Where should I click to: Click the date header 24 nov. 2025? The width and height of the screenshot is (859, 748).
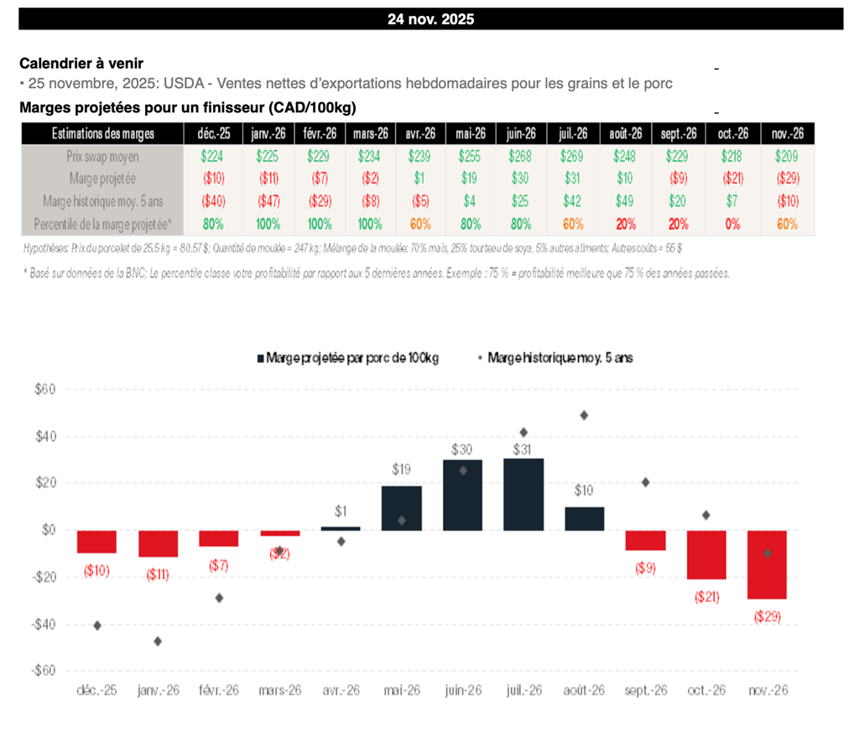coord(430,18)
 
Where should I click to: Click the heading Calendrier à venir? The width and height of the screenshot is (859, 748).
coord(81,64)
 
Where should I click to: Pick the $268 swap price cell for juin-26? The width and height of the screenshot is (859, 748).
coord(521,156)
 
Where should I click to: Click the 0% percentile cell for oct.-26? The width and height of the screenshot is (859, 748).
coord(730,224)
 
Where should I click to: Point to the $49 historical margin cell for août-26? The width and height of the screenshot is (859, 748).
coord(626,201)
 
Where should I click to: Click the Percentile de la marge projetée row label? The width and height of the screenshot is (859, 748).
coord(102,224)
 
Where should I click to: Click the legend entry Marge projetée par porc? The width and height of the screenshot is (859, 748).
coord(352,358)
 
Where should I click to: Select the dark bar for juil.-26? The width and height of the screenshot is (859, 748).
coord(523,494)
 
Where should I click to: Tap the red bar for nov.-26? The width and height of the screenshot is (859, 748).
coord(767,564)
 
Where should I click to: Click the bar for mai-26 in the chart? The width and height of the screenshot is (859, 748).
coord(402,507)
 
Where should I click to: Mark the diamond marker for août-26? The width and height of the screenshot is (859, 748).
coord(584,415)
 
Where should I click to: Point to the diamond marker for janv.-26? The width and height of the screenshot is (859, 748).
coord(158,642)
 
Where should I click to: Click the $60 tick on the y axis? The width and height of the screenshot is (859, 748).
coord(44,389)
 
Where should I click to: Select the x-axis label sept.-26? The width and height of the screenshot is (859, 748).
coord(645,690)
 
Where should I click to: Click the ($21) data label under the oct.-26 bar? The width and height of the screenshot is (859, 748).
coord(705,597)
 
